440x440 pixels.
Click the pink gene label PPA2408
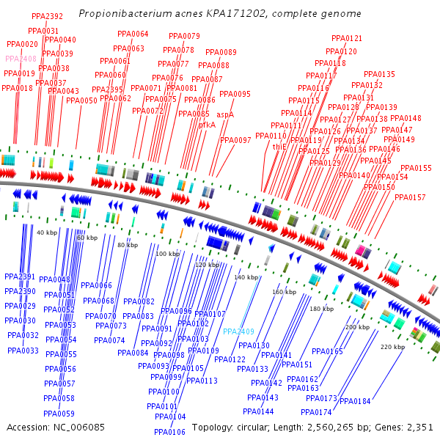[21, 59]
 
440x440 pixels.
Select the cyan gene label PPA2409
[238, 331]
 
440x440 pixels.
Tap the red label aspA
[225, 114]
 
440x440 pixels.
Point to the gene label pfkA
[207, 125]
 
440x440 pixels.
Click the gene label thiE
[279, 147]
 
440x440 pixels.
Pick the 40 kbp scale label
[46, 232]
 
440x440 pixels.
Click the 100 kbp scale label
[167, 254]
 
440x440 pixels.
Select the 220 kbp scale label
[392, 347]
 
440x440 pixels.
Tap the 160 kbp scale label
[285, 292]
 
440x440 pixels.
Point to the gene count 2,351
[419, 427]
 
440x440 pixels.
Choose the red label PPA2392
[47, 16]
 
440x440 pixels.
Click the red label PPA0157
[410, 197]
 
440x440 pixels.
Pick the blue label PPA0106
[169, 432]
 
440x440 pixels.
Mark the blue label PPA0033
[23, 351]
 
